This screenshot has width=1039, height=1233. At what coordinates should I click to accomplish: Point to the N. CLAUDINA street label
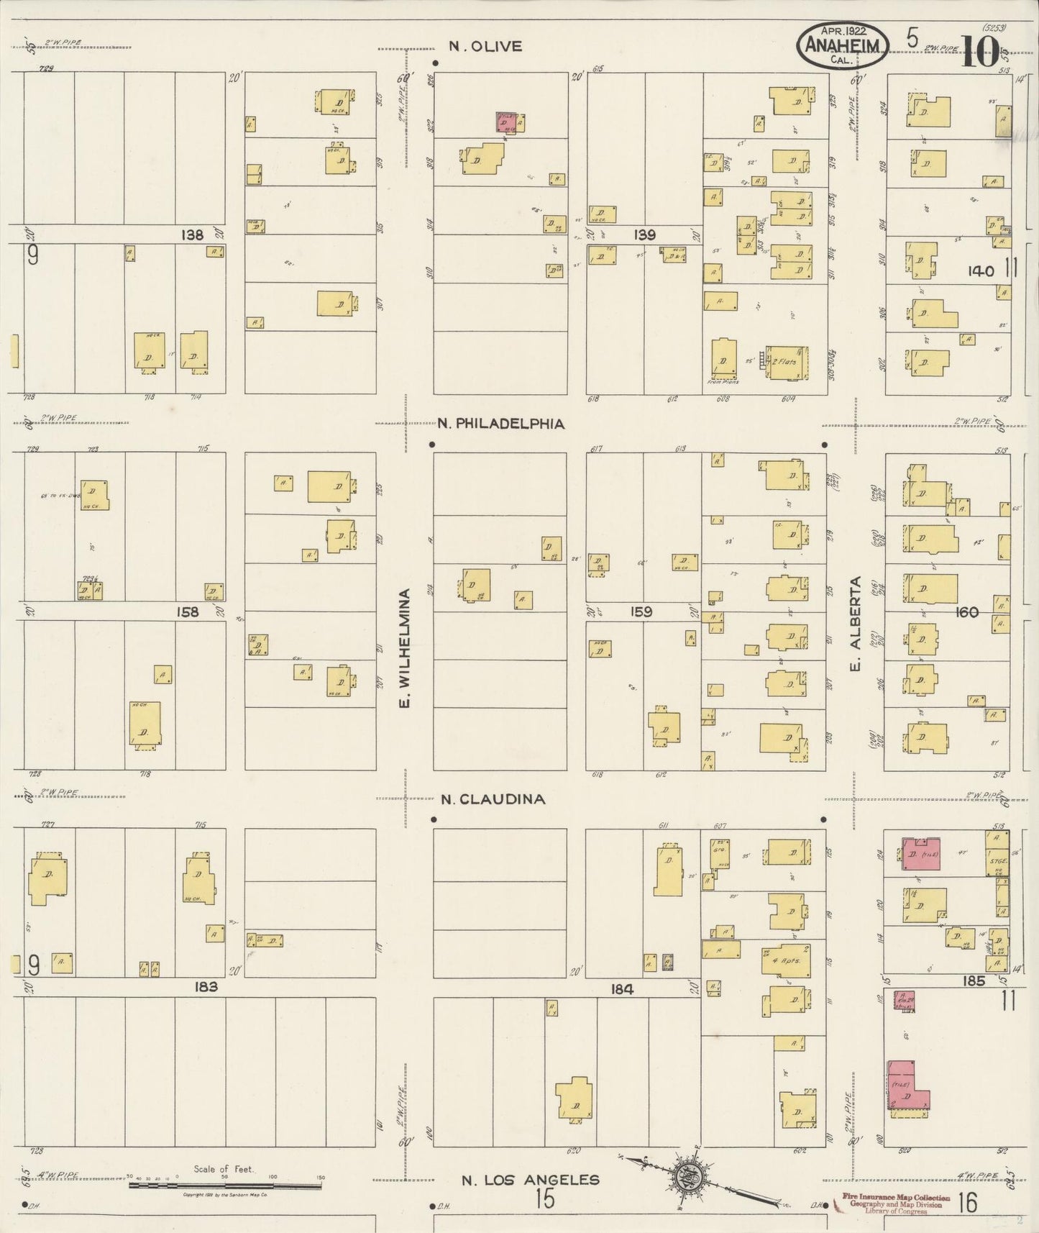coord(493,799)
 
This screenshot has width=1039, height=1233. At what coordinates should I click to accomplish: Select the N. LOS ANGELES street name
coord(530,1179)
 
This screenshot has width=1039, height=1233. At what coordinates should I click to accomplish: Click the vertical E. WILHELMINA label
coord(405,648)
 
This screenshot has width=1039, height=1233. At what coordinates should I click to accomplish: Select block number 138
coord(192,235)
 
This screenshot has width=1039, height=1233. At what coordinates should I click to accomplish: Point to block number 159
coord(641,612)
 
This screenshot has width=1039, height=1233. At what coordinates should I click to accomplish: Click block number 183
coord(206,987)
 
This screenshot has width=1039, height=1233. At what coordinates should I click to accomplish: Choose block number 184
coord(621,989)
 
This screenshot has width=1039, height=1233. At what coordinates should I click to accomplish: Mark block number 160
coord(967,612)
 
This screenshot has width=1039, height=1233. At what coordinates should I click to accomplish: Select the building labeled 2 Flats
coord(787,362)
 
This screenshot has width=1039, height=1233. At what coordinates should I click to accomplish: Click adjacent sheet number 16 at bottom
coord(967,1202)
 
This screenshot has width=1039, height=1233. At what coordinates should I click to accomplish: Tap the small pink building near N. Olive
coord(509,123)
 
